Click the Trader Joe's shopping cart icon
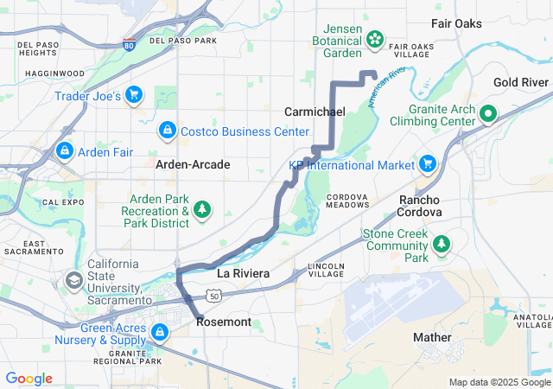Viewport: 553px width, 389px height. (133, 94)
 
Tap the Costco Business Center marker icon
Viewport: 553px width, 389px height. (166, 131)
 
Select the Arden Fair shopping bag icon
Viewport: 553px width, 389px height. (64, 151)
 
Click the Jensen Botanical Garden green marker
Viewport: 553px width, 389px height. (375, 38)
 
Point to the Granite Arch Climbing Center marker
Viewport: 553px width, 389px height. (486, 112)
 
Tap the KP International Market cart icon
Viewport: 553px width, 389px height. (426, 163)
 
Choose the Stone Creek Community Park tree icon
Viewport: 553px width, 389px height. (442, 244)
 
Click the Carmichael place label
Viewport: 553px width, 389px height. (315, 112)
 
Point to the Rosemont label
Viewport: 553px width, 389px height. (224, 322)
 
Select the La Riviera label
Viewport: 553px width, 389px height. (243, 273)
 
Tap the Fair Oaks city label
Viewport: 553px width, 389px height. (456, 23)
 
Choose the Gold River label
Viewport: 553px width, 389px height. (521, 82)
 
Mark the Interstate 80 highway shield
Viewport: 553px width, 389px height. (128, 42)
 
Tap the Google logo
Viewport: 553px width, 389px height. (29, 379)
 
